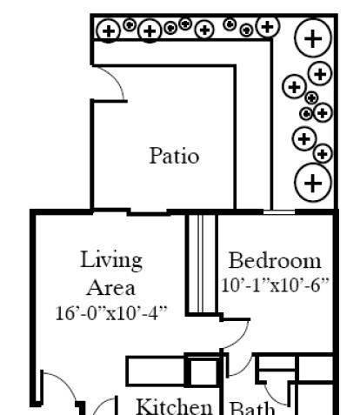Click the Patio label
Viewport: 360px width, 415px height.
click(174, 156)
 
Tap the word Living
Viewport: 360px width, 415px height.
click(111, 261)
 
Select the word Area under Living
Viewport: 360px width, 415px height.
click(110, 288)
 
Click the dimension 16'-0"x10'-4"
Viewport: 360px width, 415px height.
click(111, 313)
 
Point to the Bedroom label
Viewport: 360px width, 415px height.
click(275, 261)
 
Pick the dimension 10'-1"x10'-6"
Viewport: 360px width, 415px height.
click(275, 285)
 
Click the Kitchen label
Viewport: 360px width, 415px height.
click(174, 406)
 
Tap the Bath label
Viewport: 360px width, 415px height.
click(251, 408)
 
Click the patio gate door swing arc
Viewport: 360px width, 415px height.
click(117, 77)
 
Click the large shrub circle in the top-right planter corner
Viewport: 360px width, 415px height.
click(313, 38)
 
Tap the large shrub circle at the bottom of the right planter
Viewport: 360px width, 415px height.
click(313, 183)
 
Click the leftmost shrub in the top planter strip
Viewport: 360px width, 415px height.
click(109, 30)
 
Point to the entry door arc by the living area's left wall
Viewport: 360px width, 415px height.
click(68, 384)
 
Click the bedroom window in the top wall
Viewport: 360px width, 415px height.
click(279, 212)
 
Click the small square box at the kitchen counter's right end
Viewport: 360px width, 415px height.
click(203, 372)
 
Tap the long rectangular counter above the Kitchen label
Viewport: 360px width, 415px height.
click(157, 371)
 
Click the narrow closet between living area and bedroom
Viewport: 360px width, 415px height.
click(202, 264)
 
